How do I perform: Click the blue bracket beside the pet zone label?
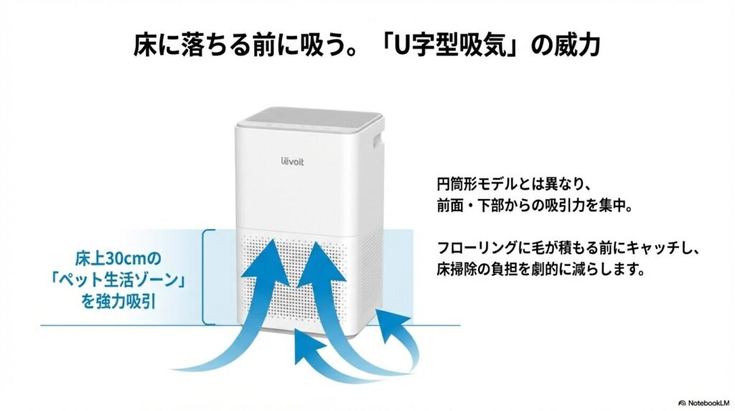(x=207, y=277)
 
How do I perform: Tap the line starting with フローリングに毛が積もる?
(x=567, y=249)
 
